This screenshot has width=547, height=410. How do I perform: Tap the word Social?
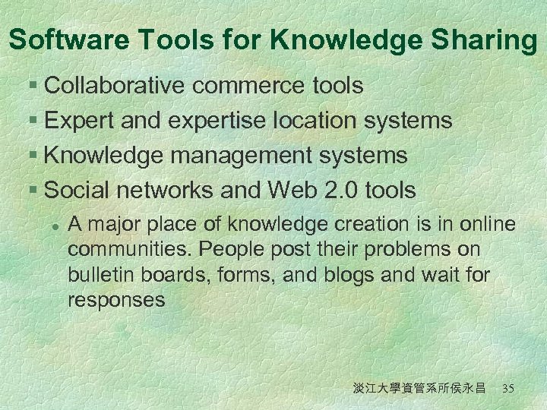(75, 191)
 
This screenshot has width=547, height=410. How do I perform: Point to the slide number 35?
(508, 389)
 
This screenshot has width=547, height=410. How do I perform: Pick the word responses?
(116, 300)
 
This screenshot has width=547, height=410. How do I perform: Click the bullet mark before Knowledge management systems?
(35, 156)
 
